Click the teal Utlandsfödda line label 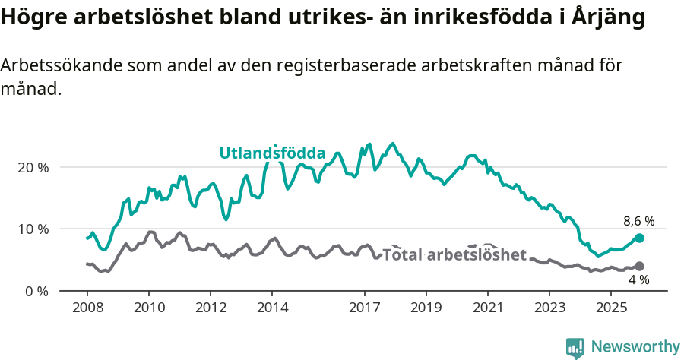click(x=272, y=153)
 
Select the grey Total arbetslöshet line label click(x=454, y=254)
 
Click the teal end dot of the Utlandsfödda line click(x=639, y=238)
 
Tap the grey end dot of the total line click(x=639, y=266)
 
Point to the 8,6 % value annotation click(x=638, y=222)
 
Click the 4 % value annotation click(x=638, y=280)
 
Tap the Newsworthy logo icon click(x=575, y=347)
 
